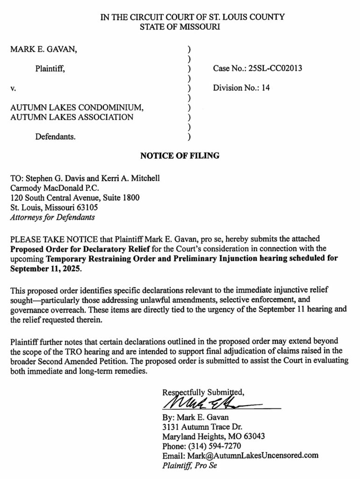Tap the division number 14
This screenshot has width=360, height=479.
(265, 87)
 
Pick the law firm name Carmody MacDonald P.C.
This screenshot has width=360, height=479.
(50, 189)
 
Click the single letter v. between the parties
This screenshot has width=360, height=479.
(13, 87)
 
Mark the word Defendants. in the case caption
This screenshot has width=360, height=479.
(56, 137)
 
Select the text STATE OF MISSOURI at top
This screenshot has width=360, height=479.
(180, 27)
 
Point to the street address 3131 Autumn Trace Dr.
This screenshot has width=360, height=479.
(201, 427)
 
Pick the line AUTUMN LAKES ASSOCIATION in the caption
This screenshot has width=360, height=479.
(72, 117)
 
